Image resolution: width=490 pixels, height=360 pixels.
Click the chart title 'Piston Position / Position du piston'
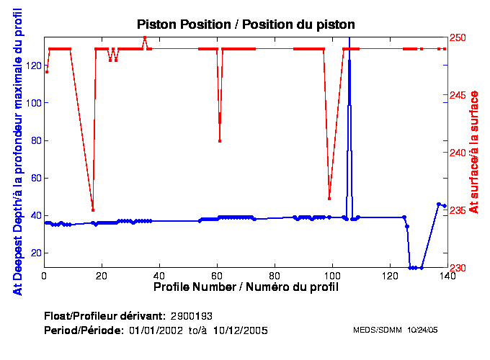tap(246, 24)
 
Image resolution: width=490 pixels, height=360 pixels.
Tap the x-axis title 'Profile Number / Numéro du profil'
tap(246, 287)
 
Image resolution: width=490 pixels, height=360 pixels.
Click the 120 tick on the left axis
tap(33, 65)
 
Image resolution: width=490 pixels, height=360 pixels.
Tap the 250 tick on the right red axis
tap(458, 37)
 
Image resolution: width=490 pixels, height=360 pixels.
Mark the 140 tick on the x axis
tap(447, 275)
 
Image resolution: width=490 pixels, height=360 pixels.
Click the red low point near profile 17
tap(93, 210)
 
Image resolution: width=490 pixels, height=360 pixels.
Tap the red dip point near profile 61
tap(220, 141)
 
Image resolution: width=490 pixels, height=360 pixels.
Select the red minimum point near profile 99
tap(329, 199)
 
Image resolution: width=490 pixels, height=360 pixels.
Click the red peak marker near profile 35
tap(145, 37)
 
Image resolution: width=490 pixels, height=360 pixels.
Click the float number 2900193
tap(191, 316)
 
